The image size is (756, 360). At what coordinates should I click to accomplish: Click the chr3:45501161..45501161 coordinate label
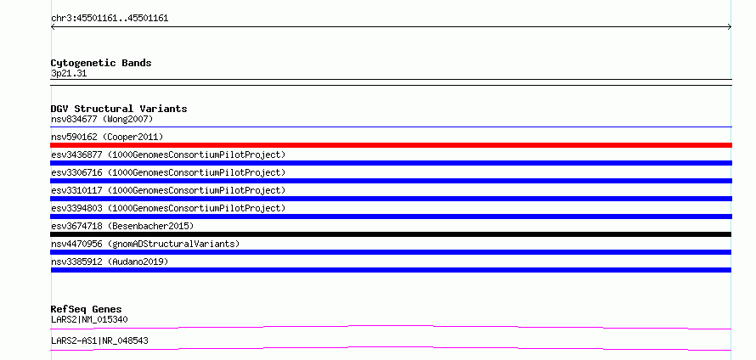tap(110, 19)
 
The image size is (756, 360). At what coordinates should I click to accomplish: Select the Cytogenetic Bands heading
tap(101, 63)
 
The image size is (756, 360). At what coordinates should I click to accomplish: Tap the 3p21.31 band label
tap(69, 74)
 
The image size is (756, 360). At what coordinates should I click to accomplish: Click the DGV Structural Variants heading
tap(119, 109)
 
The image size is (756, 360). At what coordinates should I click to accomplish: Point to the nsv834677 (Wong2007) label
tap(102, 119)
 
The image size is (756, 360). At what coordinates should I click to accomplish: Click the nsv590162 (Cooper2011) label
tap(107, 138)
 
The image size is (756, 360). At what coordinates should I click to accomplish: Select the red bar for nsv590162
tap(391, 145)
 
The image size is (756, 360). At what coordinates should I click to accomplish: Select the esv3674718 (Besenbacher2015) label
tap(122, 227)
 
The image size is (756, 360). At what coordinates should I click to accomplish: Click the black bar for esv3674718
tap(391, 234)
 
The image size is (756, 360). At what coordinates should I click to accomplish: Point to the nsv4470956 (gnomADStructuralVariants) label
tap(145, 245)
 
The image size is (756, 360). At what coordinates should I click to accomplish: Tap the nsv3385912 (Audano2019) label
tap(110, 262)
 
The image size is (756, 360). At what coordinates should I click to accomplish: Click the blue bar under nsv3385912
tap(391, 270)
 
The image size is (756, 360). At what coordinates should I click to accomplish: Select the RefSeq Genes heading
tap(87, 309)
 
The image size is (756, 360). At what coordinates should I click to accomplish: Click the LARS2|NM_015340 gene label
tap(89, 320)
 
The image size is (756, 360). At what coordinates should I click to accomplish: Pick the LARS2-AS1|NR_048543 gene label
tap(99, 341)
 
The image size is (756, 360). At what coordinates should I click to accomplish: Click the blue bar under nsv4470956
tap(391, 252)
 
